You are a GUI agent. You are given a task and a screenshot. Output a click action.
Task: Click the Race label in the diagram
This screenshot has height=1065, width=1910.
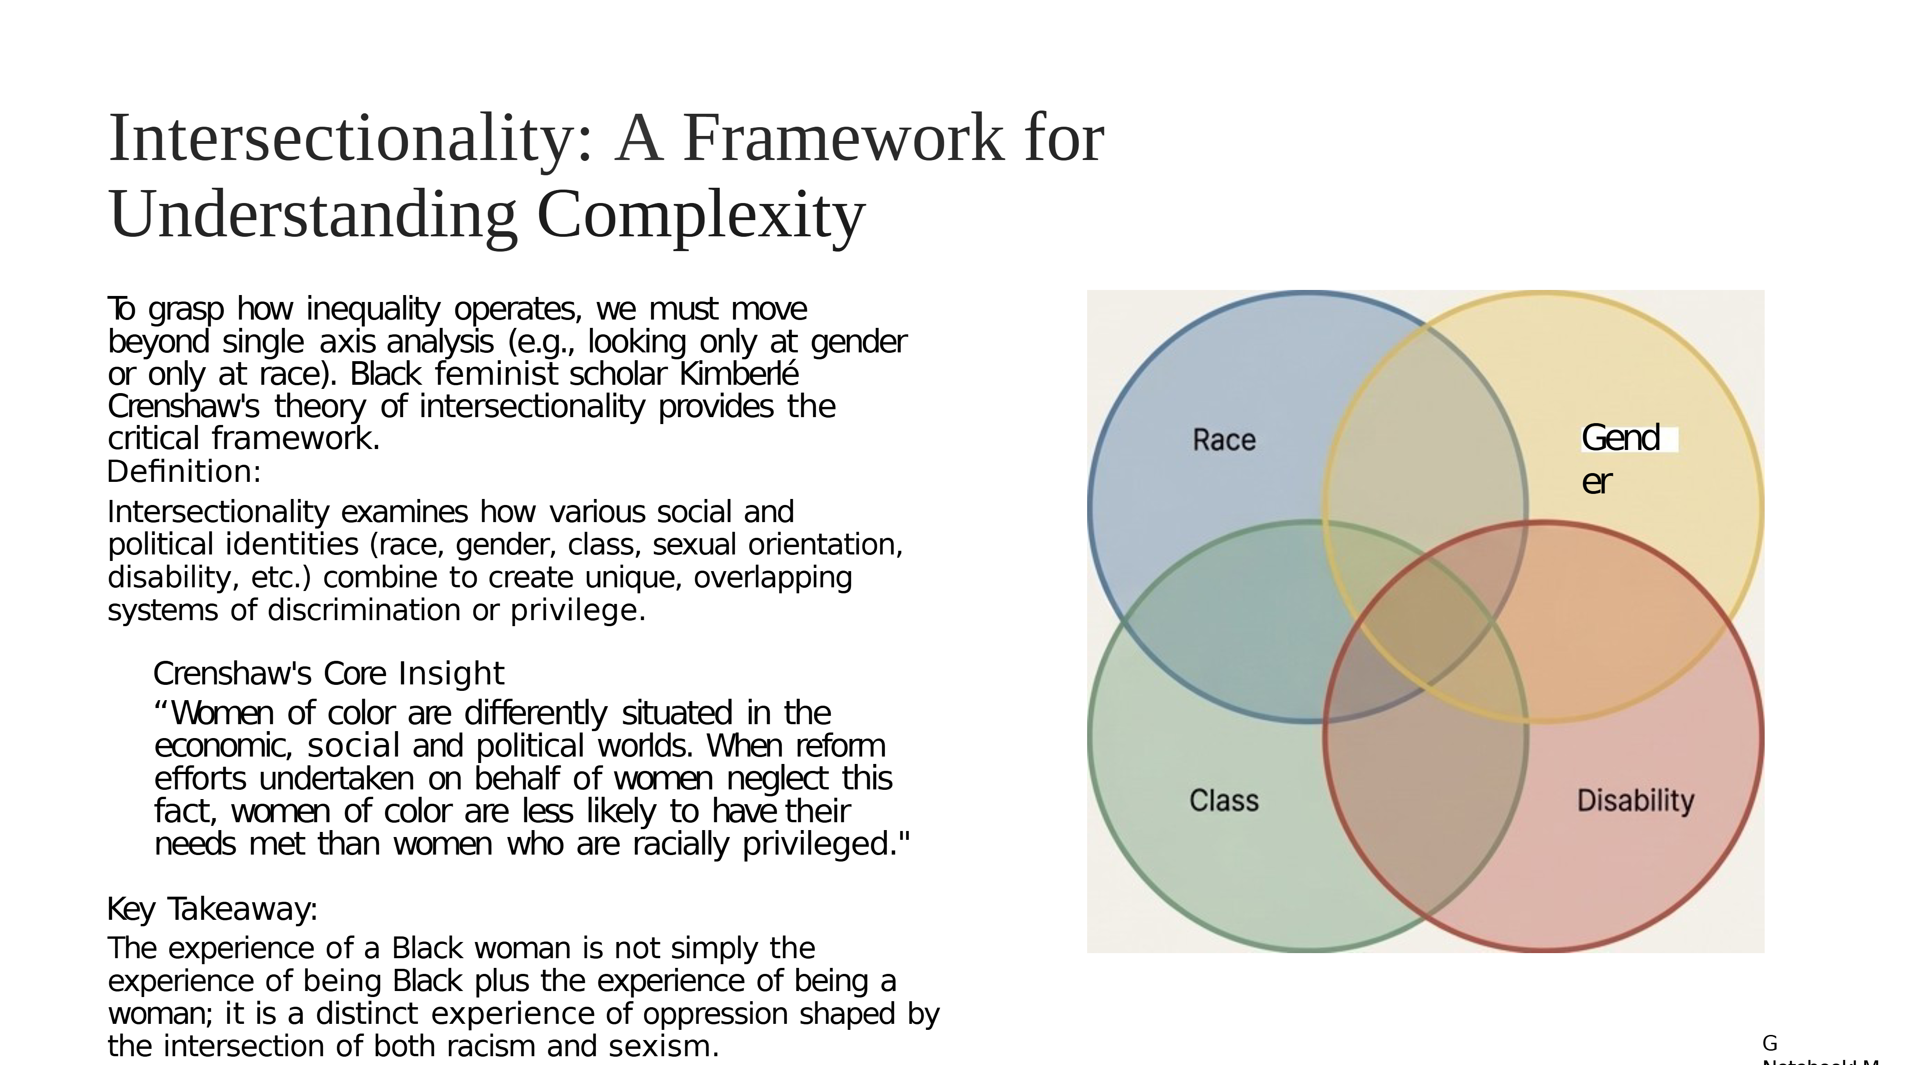click(1224, 440)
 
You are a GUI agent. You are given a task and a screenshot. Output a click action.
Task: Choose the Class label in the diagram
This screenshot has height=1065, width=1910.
click(1224, 801)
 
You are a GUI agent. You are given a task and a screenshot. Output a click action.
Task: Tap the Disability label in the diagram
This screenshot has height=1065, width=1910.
click(1636, 801)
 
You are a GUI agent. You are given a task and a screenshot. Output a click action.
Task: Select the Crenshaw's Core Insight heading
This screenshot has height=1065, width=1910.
click(329, 674)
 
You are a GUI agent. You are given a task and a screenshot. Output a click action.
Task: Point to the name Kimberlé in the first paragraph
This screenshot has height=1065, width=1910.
click(739, 375)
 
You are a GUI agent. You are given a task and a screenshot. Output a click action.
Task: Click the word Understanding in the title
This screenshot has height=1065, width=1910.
click(312, 215)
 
